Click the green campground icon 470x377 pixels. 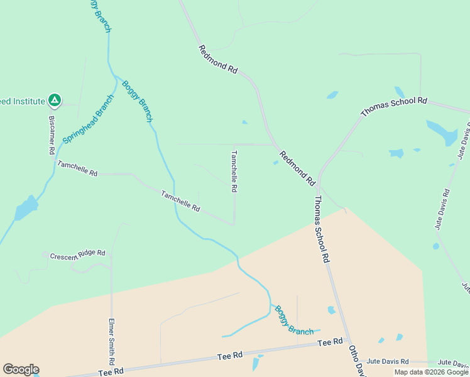pyautogui.click(x=55, y=100)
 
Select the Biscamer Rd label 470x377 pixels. pyautogui.click(x=52, y=135)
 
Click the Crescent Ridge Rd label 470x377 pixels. pyautogui.click(x=78, y=255)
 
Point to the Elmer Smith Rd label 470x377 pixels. pyautogui.click(x=111, y=340)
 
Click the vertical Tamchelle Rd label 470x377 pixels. pyautogui.click(x=234, y=171)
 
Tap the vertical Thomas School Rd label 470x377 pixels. pyautogui.click(x=322, y=229)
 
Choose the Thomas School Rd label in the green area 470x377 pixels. pyautogui.click(x=394, y=106)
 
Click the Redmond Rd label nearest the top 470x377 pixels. pyautogui.click(x=218, y=60)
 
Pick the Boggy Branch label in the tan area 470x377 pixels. pyautogui.click(x=293, y=320)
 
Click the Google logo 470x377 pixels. pyautogui.click(x=21, y=369)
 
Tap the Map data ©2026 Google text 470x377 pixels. pyautogui.click(x=431, y=372)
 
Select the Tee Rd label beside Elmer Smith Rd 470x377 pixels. pyautogui.click(x=110, y=372)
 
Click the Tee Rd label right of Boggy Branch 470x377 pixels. pyautogui.click(x=330, y=342)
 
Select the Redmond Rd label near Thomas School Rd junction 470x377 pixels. pyautogui.click(x=297, y=168)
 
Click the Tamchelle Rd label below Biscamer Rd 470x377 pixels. pyautogui.click(x=77, y=168)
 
